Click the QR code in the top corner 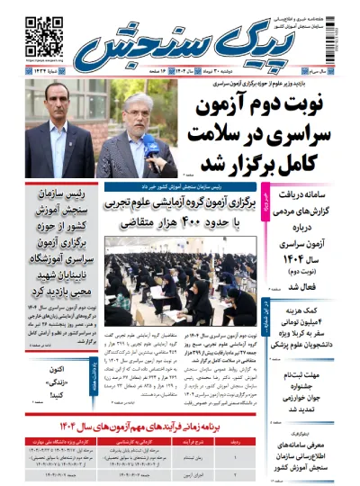[x=36, y=34]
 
